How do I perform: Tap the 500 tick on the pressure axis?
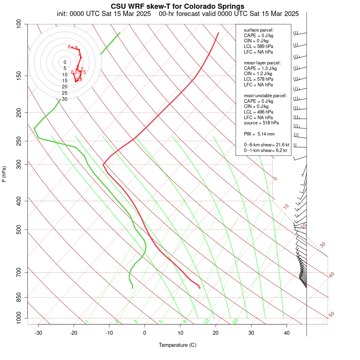18,230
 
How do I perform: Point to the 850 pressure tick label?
18,297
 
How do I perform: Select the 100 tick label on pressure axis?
18,24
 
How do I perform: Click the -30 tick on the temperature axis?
38,333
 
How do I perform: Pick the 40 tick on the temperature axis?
287,333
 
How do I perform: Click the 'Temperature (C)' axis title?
177,345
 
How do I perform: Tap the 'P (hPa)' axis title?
4,174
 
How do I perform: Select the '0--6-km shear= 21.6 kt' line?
266,145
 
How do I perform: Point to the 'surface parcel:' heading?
259,30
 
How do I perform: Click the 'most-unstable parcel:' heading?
265,96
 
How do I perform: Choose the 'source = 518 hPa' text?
261,123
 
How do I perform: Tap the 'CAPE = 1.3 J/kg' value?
260,68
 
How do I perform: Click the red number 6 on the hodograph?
69,47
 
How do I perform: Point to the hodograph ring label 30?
64,99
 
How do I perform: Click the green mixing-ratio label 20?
235,321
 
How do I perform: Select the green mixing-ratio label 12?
207,321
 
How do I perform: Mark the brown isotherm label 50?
331,315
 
